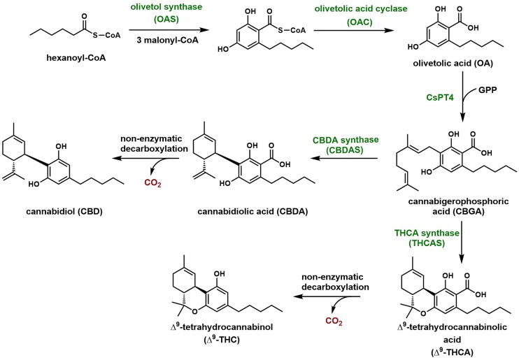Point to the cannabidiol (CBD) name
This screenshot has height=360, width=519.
click(x=59, y=209)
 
